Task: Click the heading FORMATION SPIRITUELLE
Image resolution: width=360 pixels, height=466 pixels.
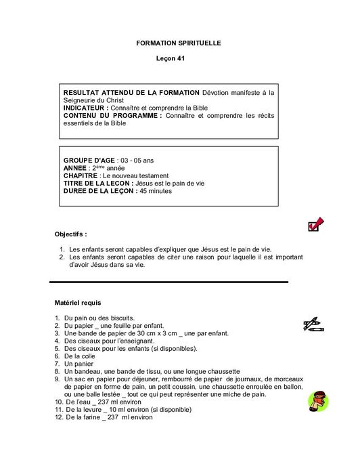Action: coord(179,43)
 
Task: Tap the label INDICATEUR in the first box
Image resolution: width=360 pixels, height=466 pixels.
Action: coord(85,108)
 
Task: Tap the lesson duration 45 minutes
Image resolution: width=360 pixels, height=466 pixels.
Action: coord(155,191)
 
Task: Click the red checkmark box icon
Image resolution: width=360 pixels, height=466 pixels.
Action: coord(315,224)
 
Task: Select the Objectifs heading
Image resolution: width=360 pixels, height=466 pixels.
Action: coord(71,234)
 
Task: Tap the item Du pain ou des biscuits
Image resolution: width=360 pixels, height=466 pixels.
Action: coord(99,318)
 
